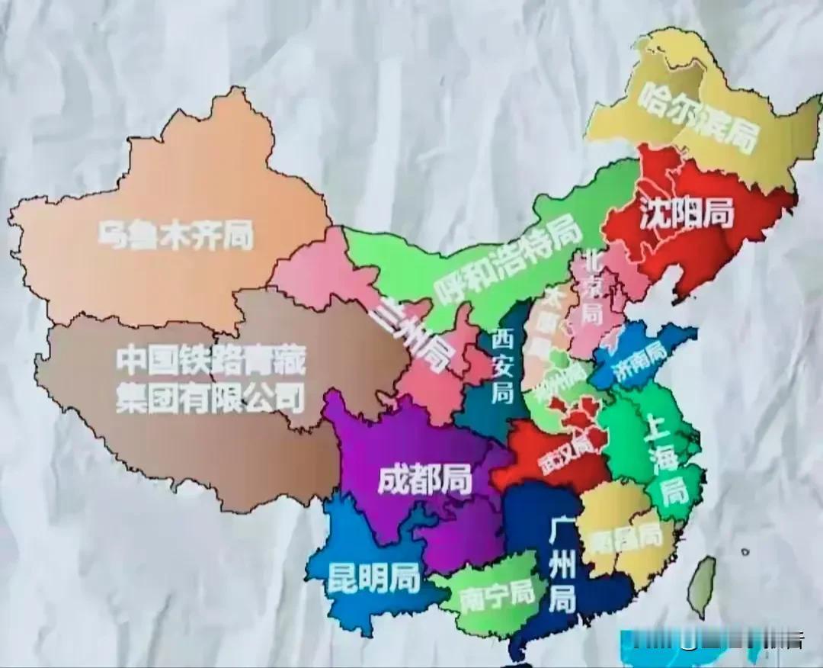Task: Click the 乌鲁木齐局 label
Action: (x=175, y=234)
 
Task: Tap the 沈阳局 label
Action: (x=686, y=214)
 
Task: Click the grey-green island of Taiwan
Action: (x=703, y=583)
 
